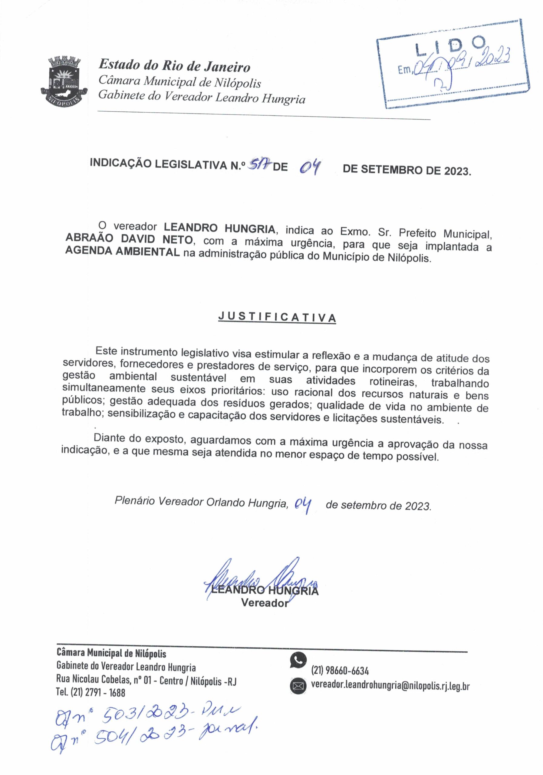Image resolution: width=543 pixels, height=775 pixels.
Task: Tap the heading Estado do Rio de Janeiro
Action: pos(174,65)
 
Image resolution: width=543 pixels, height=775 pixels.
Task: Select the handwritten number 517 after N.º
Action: pos(259,165)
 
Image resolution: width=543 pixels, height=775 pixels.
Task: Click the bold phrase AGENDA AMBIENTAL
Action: pos(122,252)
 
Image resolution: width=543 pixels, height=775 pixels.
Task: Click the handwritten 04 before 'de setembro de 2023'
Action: pos(303,505)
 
